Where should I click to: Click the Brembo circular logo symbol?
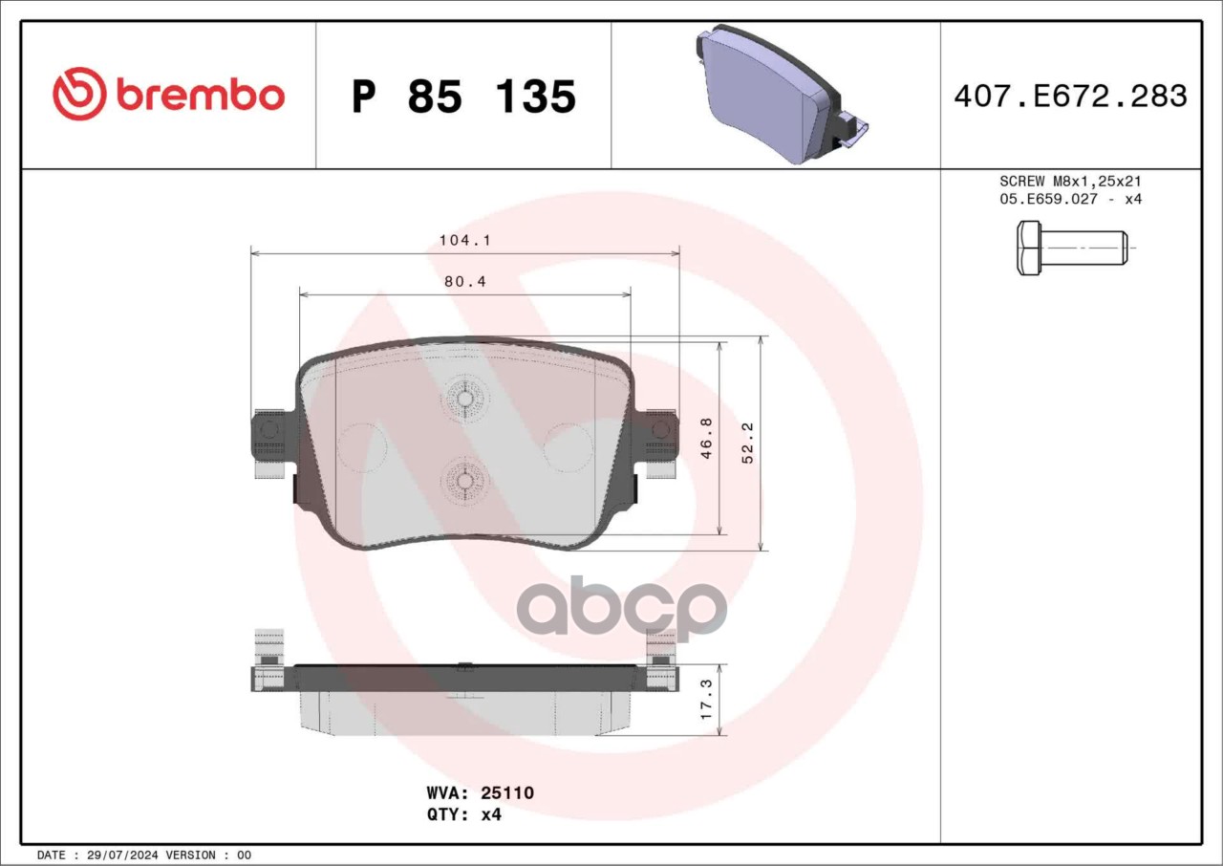[79, 94]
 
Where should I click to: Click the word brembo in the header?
[201, 95]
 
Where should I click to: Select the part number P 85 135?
[464, 97]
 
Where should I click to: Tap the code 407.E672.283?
[1071, 97]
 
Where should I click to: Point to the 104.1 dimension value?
[465, 240]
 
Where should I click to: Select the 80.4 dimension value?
[465, 282]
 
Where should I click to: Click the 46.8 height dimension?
[706, 438]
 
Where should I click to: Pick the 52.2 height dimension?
[747, 443]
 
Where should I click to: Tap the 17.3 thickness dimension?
[706, 700]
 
